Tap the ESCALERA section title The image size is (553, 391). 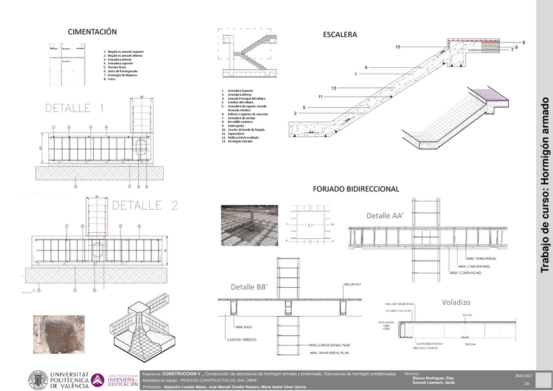pos(340,35)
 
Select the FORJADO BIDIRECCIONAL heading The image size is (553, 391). pos(355,189)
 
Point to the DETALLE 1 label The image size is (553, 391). pos(74,108)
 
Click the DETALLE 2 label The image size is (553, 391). pos(145,205)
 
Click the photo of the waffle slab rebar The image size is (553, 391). pos(249,225)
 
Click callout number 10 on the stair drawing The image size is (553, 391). pos(397,46)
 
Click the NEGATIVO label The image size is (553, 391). pos(353,284)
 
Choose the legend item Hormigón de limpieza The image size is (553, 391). pos(122,75)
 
